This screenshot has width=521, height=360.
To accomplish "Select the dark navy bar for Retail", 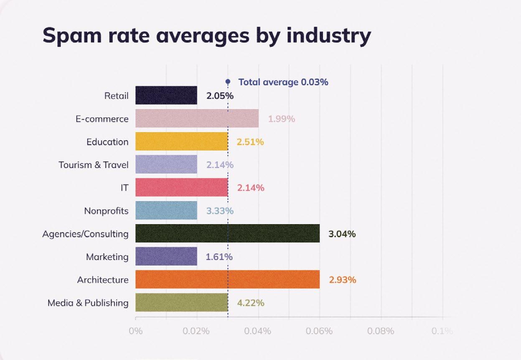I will [166, 95].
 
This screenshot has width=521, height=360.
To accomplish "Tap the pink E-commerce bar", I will [197, 119].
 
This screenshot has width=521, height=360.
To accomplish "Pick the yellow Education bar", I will [182, 142].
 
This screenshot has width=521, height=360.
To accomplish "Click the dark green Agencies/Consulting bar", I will [228, 234].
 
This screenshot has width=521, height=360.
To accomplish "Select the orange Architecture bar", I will [228, 280].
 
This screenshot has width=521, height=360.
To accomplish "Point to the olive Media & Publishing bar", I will [182, 303].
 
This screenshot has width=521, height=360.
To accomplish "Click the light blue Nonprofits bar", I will [166, 211].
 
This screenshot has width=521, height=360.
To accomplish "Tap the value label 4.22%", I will [251, 303].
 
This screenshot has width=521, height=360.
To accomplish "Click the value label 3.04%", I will [342, 234].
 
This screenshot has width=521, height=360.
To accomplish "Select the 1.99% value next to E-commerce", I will [282, 119].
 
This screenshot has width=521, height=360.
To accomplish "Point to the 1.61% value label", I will [219, 257].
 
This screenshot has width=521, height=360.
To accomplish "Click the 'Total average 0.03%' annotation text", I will [283, 82].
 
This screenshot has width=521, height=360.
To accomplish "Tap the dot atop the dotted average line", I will [228, 82].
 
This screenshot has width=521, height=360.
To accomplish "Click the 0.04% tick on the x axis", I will [258, 331].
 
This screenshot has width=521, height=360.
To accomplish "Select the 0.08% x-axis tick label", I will [381, 331].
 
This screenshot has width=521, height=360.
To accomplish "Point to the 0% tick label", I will [136, 331].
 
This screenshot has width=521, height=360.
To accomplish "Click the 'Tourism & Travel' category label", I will [94, 165].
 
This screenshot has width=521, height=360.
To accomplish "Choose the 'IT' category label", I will [124, 188].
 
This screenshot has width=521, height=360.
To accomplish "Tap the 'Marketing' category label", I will [107, 257].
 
